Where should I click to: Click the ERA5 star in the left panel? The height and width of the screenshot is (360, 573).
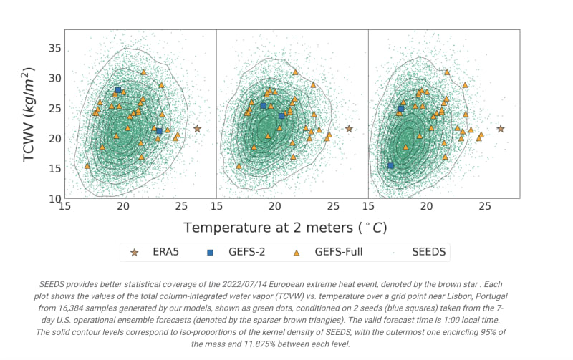click(x=198, y=129)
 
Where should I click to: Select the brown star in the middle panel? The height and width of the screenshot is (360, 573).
click(x=349, y=129)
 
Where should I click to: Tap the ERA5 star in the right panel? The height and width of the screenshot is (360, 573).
click(x=501, y=129)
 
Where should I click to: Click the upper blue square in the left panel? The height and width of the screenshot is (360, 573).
click(x=118, y=91)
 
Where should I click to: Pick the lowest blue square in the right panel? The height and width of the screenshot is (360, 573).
click(x=390, y=166)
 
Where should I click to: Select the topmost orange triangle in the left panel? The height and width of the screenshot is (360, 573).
click(x=144, y=72)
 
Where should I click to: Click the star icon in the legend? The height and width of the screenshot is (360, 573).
click(x=135, y=253)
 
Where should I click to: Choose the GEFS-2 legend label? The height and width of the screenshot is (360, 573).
click(x=247, y=252)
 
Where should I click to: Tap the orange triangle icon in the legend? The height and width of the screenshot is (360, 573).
click(x=297, y=253)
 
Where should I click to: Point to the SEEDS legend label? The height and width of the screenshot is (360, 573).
click(x=429, y=252)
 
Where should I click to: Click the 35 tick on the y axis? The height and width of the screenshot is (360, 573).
click(x=55, y=48)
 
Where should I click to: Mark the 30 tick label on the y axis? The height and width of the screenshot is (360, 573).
click(x=55, y=78)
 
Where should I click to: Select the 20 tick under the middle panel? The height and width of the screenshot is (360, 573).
click(x=275, y=206)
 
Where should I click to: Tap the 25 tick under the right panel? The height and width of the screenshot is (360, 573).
click(x=485, y=206)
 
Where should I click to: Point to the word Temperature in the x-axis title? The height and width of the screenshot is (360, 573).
click(x=221, y=228)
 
